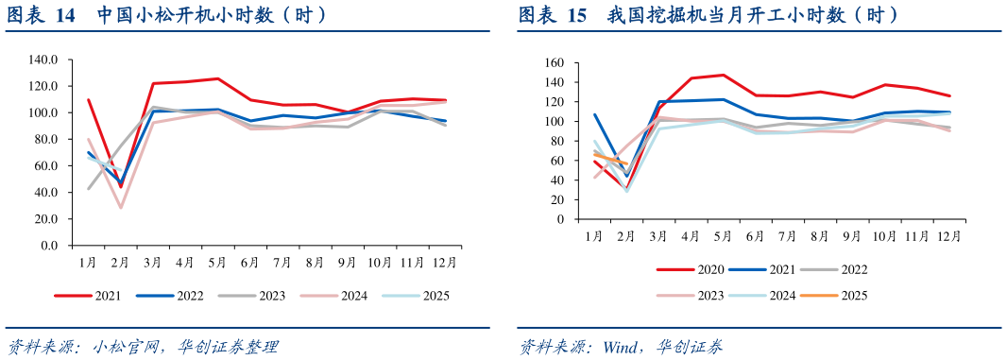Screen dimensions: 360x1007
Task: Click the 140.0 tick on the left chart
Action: (x=43, y=60)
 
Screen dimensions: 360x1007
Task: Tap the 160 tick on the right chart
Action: (x=555, y=63)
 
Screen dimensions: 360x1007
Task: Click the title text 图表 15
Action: (x=552, y=15)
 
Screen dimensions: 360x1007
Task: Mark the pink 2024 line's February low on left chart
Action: (x=121, y=208)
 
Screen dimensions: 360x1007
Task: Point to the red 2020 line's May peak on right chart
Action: (x=723, y=75)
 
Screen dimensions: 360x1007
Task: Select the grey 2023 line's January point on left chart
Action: (x=89, y=188)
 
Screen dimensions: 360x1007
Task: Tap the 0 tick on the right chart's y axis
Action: (x=560, y=218)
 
